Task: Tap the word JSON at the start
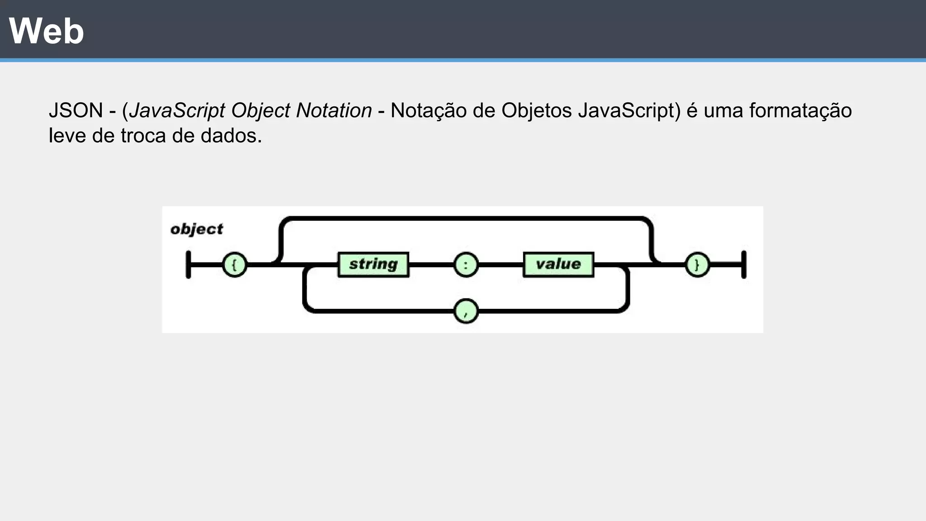point(76,111)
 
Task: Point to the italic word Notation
point(334,111)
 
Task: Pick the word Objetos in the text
point(536,111)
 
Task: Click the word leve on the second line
point(67,136)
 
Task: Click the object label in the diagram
point(197,229)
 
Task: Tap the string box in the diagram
point(373,265)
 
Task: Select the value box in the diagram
point(558,265)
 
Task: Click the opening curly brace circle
point(235,265)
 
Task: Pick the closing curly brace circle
point(697,265)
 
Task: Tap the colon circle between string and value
point(466,265)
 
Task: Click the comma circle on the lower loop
point(466,311)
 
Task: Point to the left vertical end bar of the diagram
point(189,265)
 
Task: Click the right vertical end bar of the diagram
point(744,265)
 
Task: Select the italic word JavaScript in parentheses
point(177,111)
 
